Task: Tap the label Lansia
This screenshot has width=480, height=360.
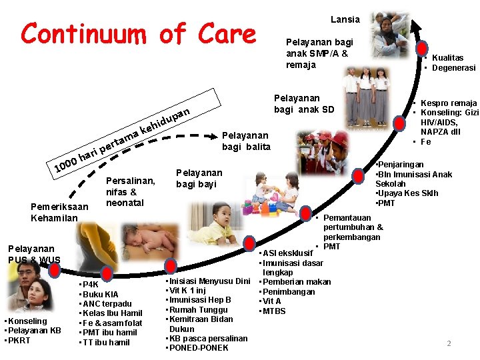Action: tap(345, 19)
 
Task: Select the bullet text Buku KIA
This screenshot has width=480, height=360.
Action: tap(101, 294)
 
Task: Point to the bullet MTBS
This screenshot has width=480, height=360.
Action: tap(274, 311)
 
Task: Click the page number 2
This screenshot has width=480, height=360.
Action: tap(449, 343)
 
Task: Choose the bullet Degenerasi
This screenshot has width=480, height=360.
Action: tap(453, 68)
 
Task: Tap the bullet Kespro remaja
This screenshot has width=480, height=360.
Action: tap(447, 103)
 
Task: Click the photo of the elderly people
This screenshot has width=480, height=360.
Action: tap(393, 33)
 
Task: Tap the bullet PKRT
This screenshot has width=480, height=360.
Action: tap(21, 340)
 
